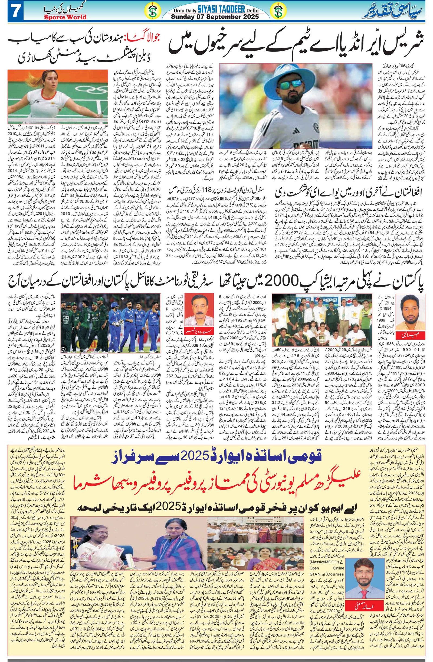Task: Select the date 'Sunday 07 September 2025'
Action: (x=215, y=17)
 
